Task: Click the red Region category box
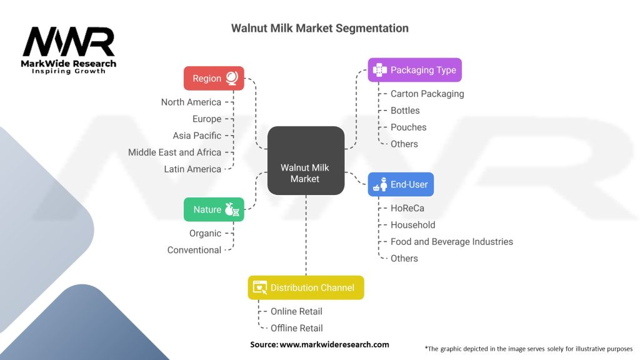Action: [x=214, y=78]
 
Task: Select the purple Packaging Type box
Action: [x=415, y=70]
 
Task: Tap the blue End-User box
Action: [x=401, y=184]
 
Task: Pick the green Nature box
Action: [x=214, y=209]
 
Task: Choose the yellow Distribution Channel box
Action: [x=306, y=287]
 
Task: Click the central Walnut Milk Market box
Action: [x=306, y=161]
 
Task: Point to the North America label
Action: [x=191, y=102]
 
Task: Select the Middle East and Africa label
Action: [x=175, y=152]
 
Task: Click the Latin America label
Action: [x=192, y=169]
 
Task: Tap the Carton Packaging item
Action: [x=427, y=94]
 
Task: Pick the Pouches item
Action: [x=409, y=127]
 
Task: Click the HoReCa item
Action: [x=407, y=208]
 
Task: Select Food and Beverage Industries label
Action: [x=452, y=242]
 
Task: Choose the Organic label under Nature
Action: [x=205, y=234]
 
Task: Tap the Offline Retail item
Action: [x=297, y=328]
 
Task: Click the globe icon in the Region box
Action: [x=232, y=78]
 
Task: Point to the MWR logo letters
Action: [x=69, y=42]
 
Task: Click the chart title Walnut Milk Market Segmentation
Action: [x=320, y=28]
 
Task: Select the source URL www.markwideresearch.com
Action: [x=334, y=344]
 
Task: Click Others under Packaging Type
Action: [x=404, y=144]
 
